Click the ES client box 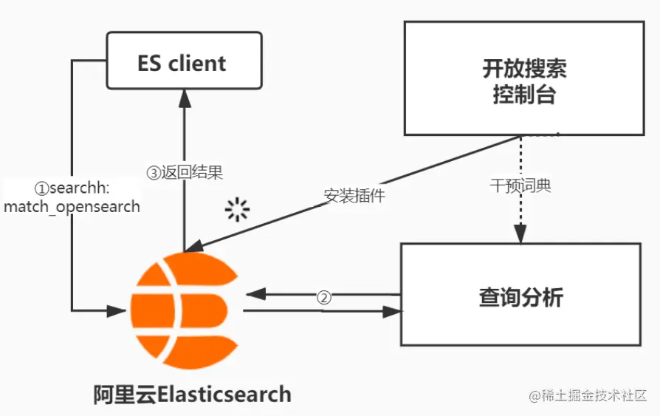tap(184, 62)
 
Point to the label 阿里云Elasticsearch tap(192, 393)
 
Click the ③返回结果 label tap(185, 173)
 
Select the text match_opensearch tap(72, 206)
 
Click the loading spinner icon tap(237, 210)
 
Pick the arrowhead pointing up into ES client tap(185, 95)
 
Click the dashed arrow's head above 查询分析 tap(520, 235)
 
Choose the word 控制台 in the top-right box tap(524, 95)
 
